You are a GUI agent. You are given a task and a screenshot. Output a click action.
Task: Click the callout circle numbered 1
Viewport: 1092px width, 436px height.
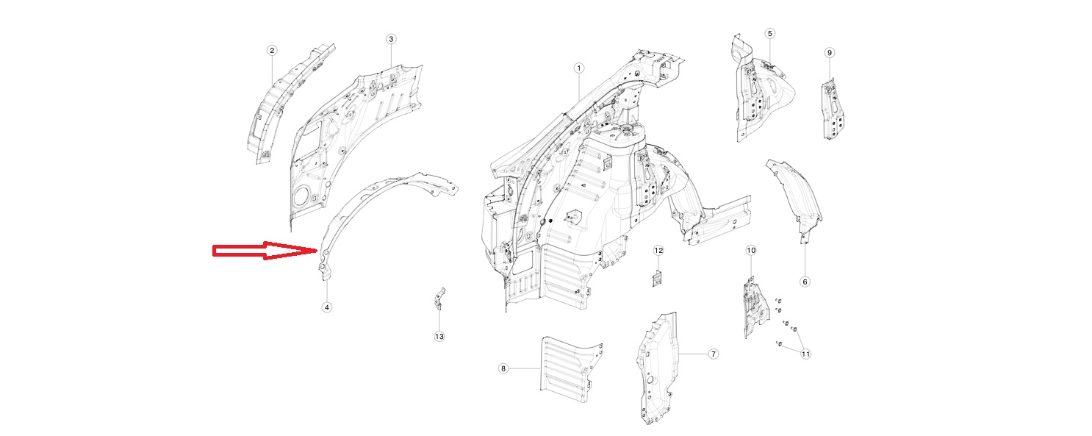tap(578, 68)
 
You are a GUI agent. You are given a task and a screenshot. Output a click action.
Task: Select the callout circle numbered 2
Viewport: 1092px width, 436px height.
tap(272, 50)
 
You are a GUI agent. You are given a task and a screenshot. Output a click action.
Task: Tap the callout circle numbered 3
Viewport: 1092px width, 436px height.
tap(390, 38)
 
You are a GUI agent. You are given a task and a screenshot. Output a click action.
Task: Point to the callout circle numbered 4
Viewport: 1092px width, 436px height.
tap(326, 307)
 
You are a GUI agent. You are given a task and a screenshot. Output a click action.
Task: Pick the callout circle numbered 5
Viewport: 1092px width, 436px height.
tap(769, 33)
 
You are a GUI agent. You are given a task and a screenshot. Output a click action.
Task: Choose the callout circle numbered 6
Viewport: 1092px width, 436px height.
tap(805, 282)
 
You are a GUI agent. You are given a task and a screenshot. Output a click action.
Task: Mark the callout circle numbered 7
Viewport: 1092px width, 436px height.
tap(713, 354)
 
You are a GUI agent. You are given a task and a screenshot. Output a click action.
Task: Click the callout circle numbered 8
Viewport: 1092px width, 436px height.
tap(503, 368)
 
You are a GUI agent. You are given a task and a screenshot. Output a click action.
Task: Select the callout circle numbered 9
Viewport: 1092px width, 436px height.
tap(830, 53)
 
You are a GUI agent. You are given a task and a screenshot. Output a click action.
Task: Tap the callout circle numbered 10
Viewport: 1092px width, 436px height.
tap(751, 251)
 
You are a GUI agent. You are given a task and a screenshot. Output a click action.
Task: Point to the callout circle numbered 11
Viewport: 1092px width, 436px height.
tap(805, 354)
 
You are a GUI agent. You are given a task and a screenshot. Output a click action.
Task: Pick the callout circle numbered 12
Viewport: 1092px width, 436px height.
tap(658, 251)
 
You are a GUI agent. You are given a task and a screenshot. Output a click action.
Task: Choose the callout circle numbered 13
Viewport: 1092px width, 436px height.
tap(439, 336)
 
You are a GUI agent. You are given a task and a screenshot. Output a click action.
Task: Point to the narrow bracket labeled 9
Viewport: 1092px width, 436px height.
tap(833, 109)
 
